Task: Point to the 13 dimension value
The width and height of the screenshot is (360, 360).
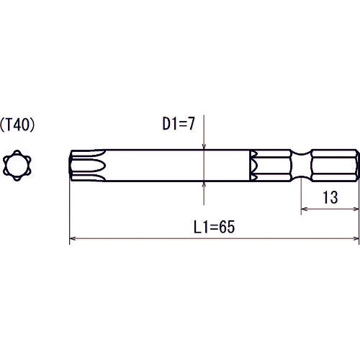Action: point(329,197)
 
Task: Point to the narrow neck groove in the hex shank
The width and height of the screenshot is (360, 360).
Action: point(300,165)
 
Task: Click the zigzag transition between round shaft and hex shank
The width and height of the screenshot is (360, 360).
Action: point(254,165)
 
